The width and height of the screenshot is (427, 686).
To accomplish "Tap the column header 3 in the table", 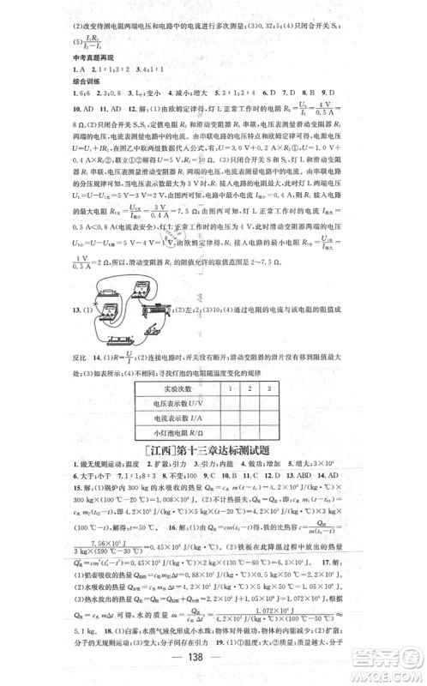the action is (x=270, y=389).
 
